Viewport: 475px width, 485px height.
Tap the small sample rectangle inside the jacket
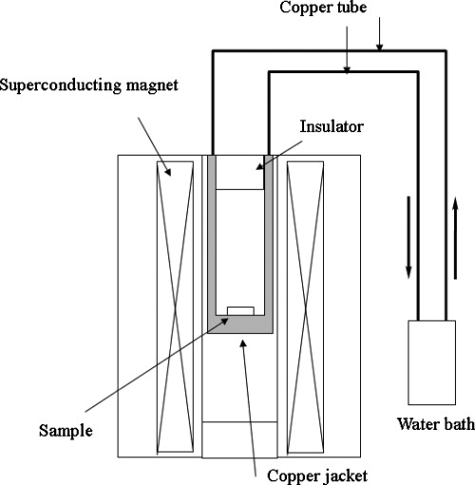[240, 310]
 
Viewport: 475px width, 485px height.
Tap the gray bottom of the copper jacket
[240, 326]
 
